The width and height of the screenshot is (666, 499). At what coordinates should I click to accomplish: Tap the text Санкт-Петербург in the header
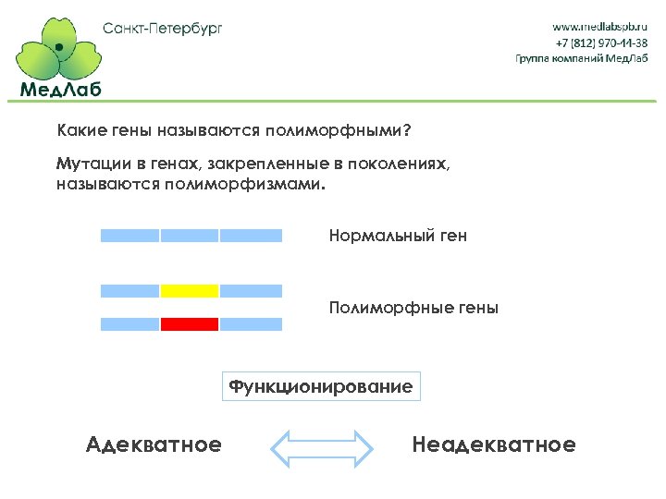click(163, 28)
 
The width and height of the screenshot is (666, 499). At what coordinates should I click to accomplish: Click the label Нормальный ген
click(398, 236)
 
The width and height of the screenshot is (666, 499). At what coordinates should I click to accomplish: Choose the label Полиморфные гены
click(413, 308)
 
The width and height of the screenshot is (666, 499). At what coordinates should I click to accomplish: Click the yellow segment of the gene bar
click(190, 291)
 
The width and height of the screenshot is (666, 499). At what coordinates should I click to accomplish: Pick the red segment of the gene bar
click(190, 324)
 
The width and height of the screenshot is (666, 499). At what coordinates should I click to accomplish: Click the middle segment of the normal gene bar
click(190, 236)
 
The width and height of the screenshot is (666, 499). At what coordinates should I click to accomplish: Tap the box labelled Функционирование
click(321, 386)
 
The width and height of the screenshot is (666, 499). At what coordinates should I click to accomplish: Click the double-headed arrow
click(321, 446)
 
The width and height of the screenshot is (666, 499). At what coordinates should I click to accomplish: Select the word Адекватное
click(154, 445)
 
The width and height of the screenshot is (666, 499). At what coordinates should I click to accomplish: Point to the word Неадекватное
click(493, 445)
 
